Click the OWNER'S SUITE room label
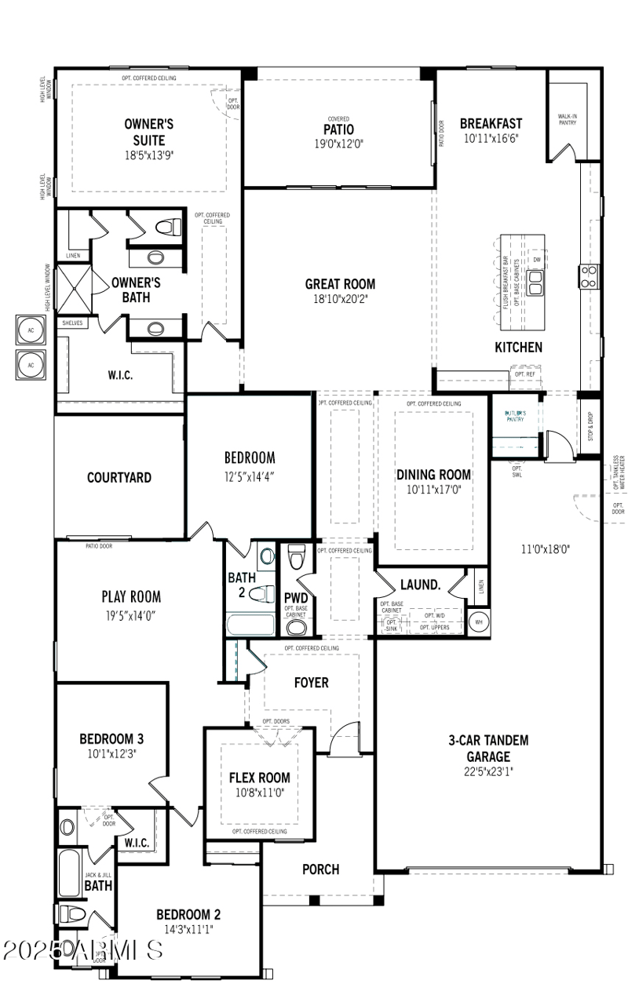tap(149, 132)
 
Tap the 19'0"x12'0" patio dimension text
tap(338, 144)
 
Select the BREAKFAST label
tap(491, 123)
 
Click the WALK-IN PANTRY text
tap(567, 120)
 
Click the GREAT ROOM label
tap(340, 284)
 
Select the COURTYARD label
tap(119, 477)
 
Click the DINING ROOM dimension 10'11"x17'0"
tap(433, 490)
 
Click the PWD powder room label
tap(295, 597)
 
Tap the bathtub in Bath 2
tap(250, 625)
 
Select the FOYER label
tap(311, 683)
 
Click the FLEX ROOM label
tap(259, 778)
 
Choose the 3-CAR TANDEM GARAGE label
tap(488, 748)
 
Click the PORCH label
tap(320, 869)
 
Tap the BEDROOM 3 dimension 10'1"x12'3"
tap(111, 754)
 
